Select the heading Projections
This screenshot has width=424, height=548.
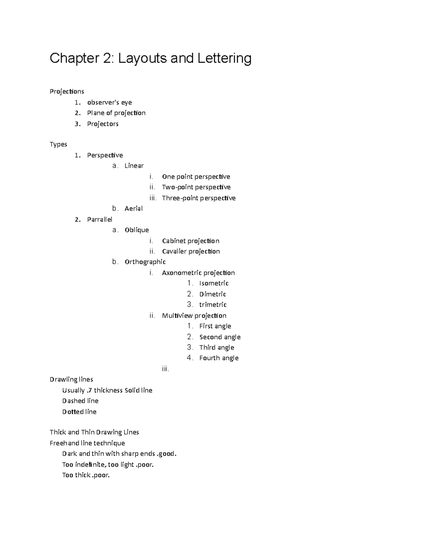click(67, 92)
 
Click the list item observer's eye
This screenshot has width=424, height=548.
click(110, 102)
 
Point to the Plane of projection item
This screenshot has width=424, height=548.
click(116, 113)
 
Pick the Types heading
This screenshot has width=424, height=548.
click(58, 144)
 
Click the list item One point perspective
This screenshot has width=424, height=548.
click(196, 176)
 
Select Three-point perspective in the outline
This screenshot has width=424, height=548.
click(199, 198)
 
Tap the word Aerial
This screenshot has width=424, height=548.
click(134, 209)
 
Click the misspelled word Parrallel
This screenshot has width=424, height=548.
click(100, 219)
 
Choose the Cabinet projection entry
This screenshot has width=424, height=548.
click(190, 241)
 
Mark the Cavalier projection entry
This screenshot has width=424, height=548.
click(191, 251)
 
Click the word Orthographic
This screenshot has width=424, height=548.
click(145, 262)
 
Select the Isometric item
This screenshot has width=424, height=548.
click(214, 283)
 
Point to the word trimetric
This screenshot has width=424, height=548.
click(213, 305)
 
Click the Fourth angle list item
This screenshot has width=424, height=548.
click(219, 358)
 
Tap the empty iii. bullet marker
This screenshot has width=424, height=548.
click(165, 369)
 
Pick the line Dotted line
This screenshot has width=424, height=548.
click(79, 412)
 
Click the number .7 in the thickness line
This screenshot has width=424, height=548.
click(89, 390)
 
